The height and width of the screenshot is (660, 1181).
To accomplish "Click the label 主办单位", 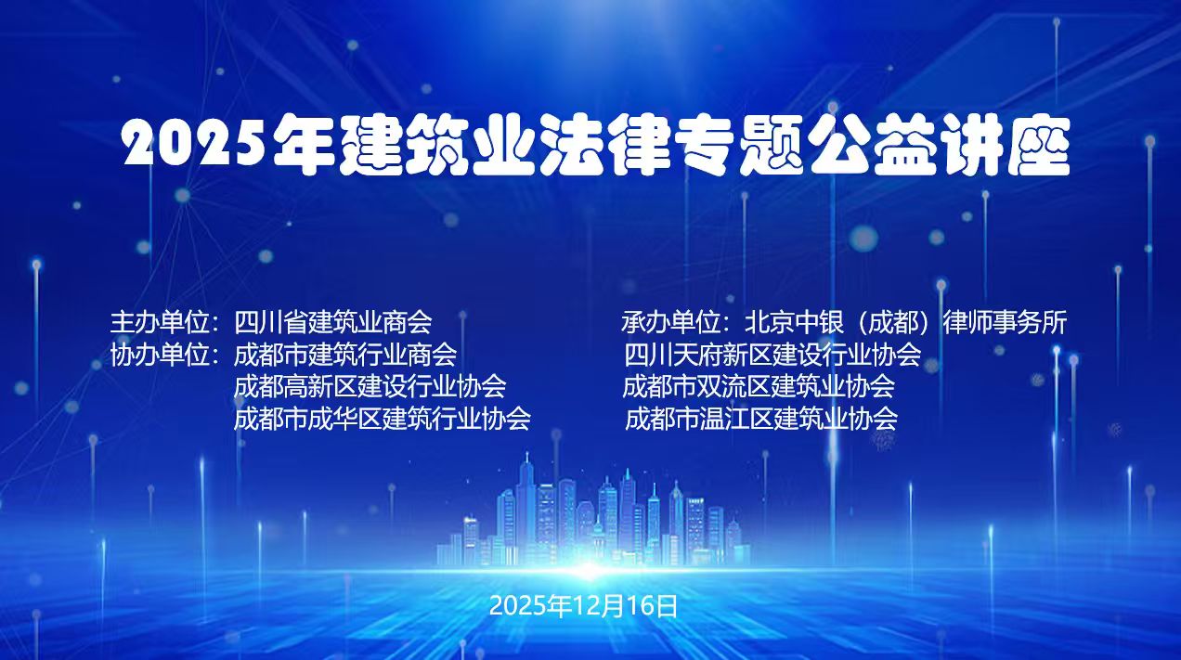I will (160, 322).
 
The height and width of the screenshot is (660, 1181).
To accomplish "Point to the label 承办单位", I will (670, 322).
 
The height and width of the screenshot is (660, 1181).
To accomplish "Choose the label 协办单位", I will (160, 354).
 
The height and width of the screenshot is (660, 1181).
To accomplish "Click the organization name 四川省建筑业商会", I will (333, 322).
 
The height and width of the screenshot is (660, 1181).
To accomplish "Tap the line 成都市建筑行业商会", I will (345, 354).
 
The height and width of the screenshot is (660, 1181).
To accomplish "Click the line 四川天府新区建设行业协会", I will (772, 354).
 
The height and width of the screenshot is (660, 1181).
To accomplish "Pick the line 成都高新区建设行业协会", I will (370, 385).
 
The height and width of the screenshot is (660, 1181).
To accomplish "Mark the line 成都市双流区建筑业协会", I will (759, 385).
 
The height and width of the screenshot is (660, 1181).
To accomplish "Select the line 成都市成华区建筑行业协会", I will (382, 418).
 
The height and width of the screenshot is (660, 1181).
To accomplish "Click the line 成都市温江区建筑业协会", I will (761, 418).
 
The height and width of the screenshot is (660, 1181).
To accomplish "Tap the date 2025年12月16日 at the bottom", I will (584, 606).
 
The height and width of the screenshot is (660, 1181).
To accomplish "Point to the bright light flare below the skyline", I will (587, 567).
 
